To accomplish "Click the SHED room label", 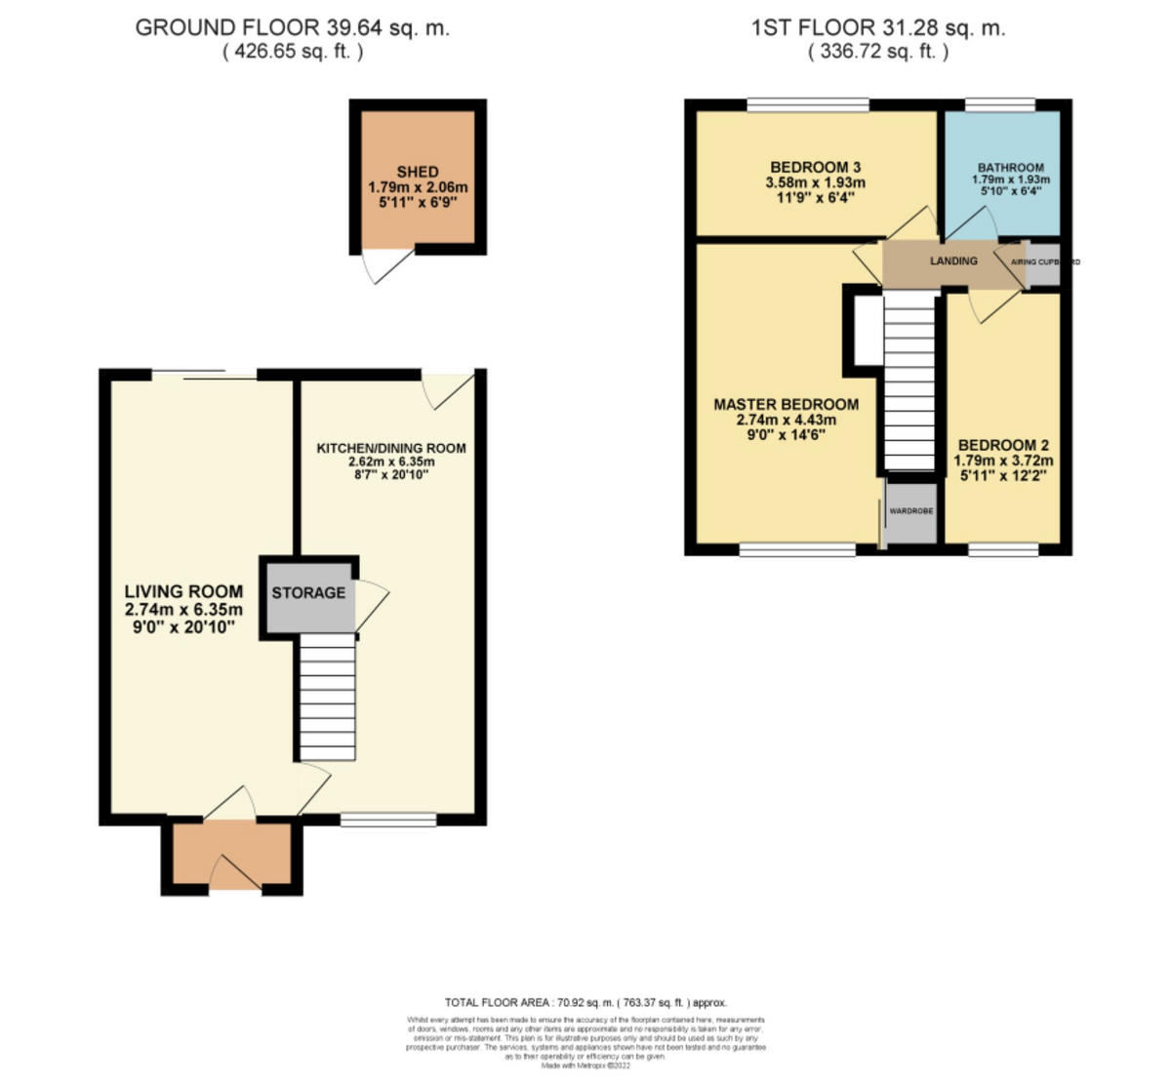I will coord(418,172).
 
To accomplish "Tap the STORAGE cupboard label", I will coord(308,592).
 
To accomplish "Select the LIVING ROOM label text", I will coord(183,591).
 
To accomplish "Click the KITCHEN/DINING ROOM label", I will coord(391,448).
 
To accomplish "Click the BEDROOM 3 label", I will coord(815,167).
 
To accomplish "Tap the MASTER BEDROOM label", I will coord(786,404).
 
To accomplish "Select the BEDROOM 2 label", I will coord(1004,445).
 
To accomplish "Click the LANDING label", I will coord(953,261).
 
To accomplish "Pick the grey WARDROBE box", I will coord(910,511).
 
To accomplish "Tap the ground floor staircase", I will coord(327,696).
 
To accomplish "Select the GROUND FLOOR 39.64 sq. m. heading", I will coord(293,27).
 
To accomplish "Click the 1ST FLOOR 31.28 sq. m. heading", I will coord(878,27).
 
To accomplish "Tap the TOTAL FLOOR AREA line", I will coord(585,1002).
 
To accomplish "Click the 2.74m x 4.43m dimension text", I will coord(786,421).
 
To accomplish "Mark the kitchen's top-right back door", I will coord(451,389).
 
